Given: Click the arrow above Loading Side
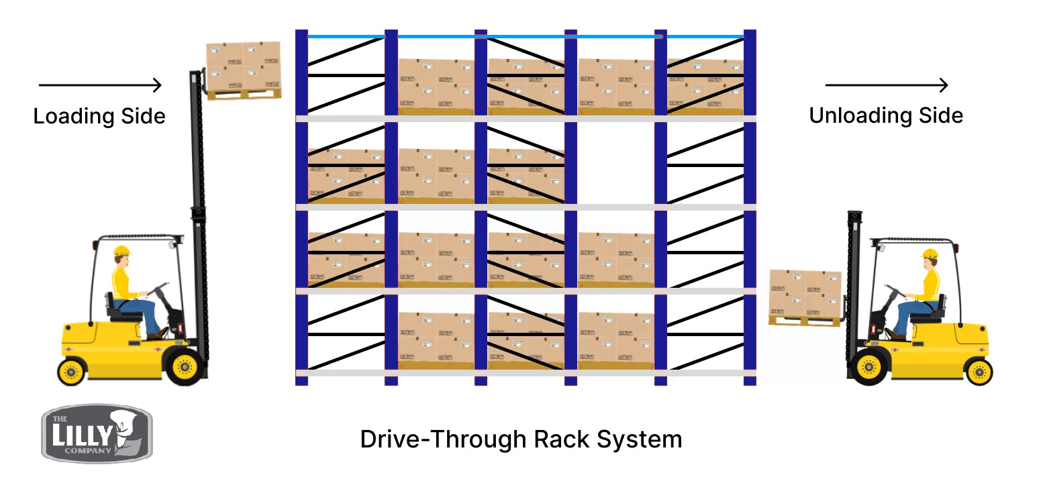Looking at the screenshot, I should coord(101,85).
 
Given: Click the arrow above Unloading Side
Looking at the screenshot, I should coord(886,85).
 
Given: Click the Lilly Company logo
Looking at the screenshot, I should coord(97,433).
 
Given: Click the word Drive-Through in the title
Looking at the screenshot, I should coord(442,439).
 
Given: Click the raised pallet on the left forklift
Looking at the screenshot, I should coord(243,70).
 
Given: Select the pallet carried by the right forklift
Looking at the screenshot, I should coord(805,297).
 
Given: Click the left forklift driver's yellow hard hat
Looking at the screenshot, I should coord(121,251).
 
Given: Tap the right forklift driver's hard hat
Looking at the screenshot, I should coord(930,254).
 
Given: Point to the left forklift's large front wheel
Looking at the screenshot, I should coord(183,366).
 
